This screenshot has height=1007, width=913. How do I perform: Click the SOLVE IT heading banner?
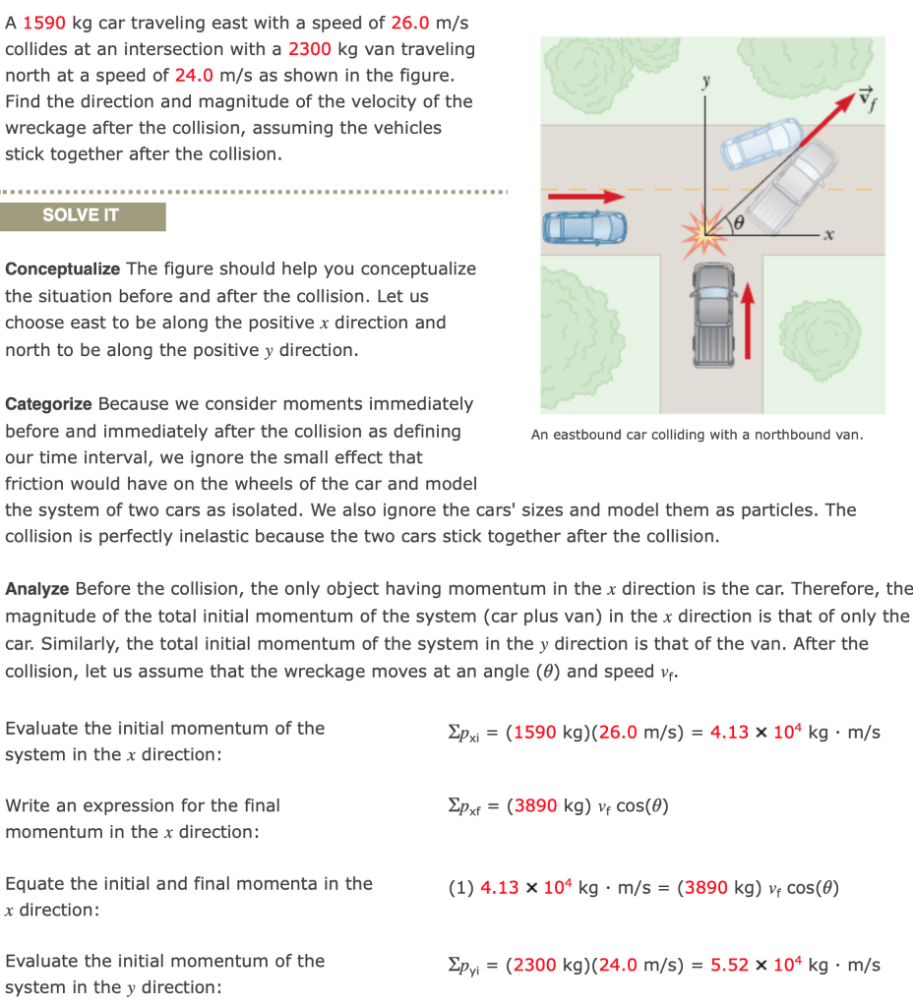[82, 216]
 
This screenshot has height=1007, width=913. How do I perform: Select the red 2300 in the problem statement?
[308, 48]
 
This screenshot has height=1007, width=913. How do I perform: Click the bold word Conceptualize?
[63, 269]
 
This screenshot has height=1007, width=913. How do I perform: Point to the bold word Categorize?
[49, 404]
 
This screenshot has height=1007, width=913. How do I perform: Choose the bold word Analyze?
[37, 589]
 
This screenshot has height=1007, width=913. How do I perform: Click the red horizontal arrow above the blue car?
[586, 197]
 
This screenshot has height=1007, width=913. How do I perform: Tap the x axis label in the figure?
[828, 235]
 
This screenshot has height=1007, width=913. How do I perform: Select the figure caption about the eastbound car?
[697, 435]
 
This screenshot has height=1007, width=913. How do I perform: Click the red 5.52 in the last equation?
[730, 965]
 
